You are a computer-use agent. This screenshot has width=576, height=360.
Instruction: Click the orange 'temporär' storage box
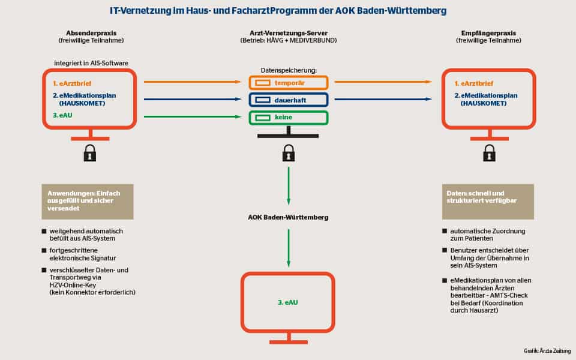[289, 83]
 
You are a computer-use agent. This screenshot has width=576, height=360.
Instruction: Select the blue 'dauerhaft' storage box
[289, 100]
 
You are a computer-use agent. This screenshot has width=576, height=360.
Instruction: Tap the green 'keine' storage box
[289, 118]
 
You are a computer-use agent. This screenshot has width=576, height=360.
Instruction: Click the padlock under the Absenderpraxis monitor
[90, 153]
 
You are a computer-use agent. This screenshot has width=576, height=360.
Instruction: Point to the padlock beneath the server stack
[289, 153]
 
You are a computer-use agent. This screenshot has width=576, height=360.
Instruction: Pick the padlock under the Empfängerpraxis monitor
[489, 153]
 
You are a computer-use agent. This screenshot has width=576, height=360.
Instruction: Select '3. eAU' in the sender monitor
[60, 115]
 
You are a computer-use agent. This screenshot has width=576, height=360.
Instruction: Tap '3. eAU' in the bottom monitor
[288, 302]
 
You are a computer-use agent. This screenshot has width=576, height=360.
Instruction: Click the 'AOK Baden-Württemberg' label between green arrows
[288, 217]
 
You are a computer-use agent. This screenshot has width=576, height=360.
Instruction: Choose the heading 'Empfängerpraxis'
[488, 33]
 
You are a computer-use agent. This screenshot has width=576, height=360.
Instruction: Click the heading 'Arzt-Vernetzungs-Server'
[288, 33]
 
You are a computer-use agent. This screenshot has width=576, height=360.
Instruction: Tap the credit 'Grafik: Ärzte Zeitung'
[547, 350]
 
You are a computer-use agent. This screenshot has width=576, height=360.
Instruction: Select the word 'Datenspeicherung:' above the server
[289, 70]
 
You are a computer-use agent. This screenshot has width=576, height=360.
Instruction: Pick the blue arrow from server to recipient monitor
[383, 100]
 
